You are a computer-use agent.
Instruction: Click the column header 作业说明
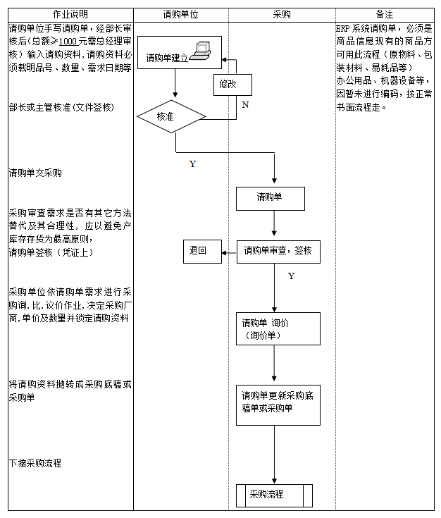(70, 14)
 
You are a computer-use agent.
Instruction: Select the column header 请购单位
(180, 14)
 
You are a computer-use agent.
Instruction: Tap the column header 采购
(281, 14)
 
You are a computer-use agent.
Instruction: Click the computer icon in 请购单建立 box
(202, 50)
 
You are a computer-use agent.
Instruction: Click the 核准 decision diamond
(166, 116)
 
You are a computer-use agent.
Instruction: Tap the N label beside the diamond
(244, 105)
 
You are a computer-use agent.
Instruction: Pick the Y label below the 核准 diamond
(192, 164)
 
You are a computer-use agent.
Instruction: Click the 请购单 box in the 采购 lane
(270, 198)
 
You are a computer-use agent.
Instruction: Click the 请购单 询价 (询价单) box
(278, 329)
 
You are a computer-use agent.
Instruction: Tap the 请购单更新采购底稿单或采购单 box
(278, 402)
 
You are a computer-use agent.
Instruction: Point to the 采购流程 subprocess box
(273, 495)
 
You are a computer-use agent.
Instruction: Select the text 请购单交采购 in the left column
(35, 173)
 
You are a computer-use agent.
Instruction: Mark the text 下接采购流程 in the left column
(35, 463)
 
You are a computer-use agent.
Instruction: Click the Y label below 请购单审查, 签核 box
(291, 276)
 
